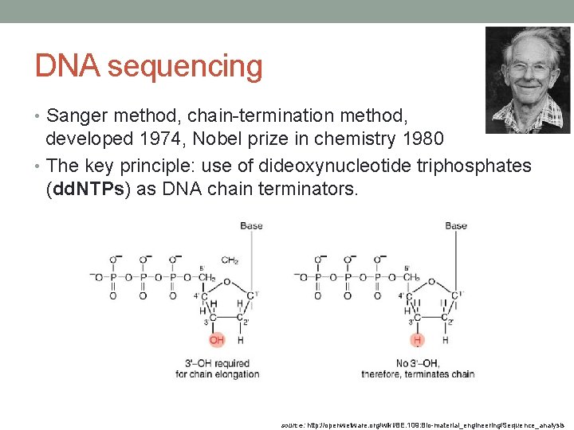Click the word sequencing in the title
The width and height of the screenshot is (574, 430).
point(185,68)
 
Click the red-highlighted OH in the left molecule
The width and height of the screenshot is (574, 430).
point(217,340)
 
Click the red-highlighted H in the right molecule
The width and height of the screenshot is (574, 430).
point(416,340)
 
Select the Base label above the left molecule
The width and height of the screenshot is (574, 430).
point(251,226)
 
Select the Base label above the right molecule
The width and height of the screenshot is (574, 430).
point(456,226)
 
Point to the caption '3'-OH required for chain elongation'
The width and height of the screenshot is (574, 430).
point(217,369)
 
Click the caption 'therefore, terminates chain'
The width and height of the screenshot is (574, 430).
point(418,374)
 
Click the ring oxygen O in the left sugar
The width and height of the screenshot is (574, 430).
point(227,281)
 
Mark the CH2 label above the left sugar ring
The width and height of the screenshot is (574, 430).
point(230,260)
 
